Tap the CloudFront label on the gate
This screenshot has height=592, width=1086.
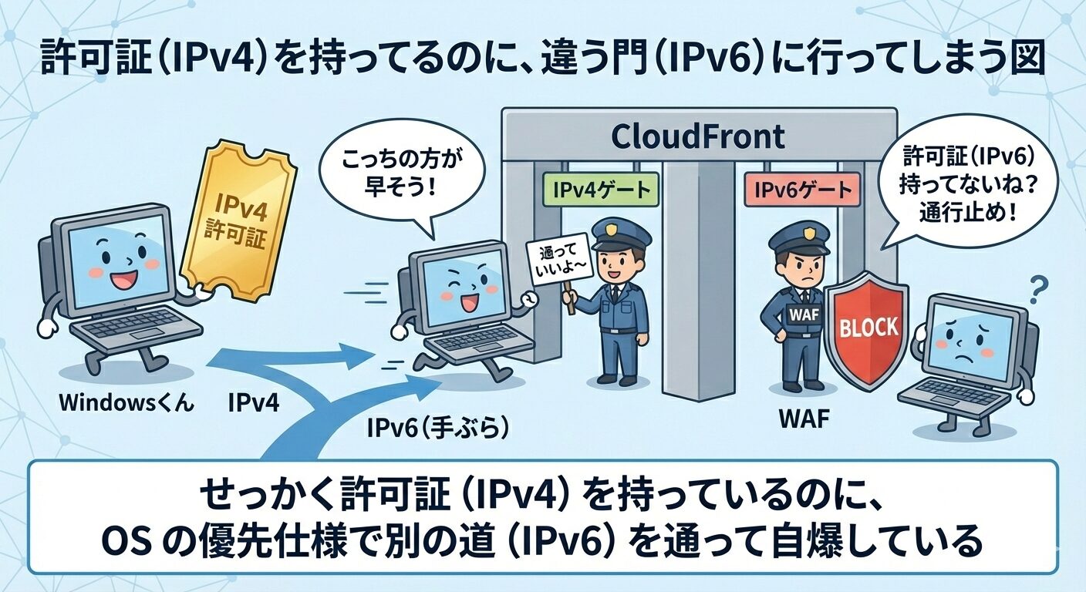click(x=697, y=136)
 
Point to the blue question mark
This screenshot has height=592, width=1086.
click(x=1038, y=291)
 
